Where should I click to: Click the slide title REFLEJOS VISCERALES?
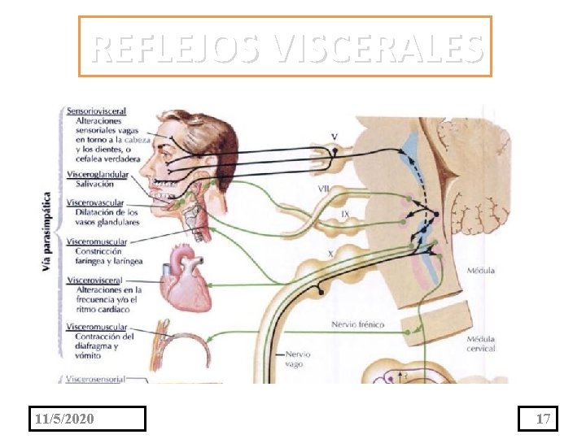click(286, 47)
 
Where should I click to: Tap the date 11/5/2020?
click(65, 419)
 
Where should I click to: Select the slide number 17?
click(544, 419)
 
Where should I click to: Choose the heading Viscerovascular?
click(97, 202)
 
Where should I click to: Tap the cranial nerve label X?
click(330, 254)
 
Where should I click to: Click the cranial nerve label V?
click(335, 136)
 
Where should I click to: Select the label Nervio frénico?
click(358, 324)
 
